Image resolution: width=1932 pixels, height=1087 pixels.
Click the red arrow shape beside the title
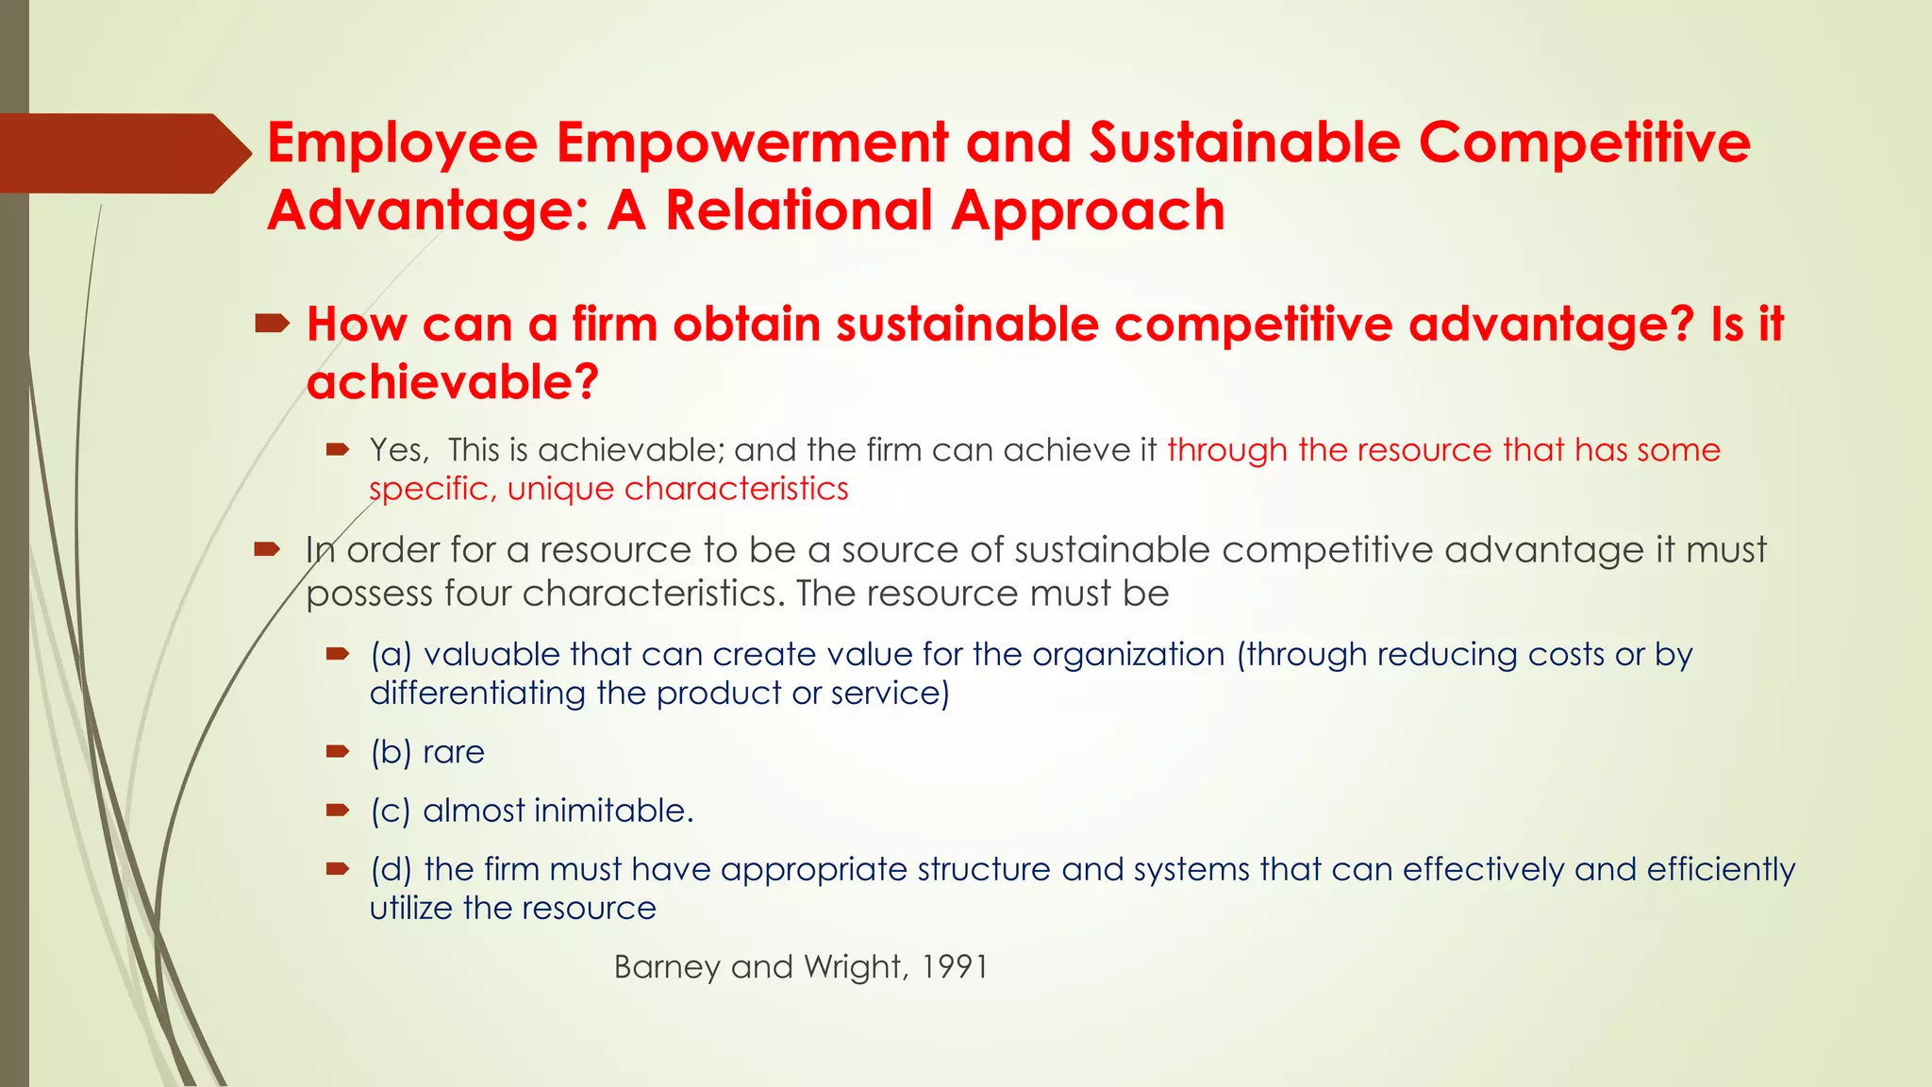pos(123,153)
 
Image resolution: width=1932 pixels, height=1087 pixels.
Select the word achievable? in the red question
pos(453,383)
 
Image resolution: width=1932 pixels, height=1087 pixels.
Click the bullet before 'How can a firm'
pos(272,326)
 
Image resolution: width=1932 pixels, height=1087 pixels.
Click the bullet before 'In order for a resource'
pos(268,549)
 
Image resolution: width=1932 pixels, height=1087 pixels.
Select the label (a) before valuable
pos(391,655)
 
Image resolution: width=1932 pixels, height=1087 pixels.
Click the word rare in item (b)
pos(454,753)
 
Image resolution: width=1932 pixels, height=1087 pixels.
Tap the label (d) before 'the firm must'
pos(391,870)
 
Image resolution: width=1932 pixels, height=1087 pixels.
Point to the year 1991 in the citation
pos(955,968)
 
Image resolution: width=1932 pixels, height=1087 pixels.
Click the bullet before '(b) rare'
pos(338,752)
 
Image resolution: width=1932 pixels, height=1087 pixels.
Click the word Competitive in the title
pos(1585,143)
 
